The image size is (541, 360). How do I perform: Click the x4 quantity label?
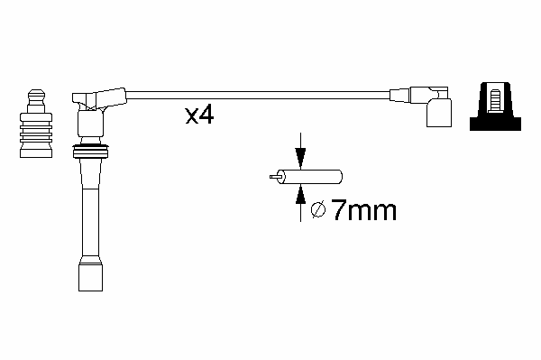[199, 115]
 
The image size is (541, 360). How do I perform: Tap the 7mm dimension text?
[363, 210]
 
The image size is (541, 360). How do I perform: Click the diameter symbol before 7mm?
[318, 210]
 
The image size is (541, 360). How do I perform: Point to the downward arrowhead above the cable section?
[300, 159]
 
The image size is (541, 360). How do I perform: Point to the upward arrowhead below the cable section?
[300, 194]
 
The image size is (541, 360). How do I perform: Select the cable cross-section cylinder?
[310, 177]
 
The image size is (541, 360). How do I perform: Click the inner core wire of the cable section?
[276, 177]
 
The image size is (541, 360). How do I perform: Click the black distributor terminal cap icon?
[495, 106]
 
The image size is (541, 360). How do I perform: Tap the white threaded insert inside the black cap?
[495, 101]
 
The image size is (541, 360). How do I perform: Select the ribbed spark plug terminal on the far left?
[36, 124]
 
